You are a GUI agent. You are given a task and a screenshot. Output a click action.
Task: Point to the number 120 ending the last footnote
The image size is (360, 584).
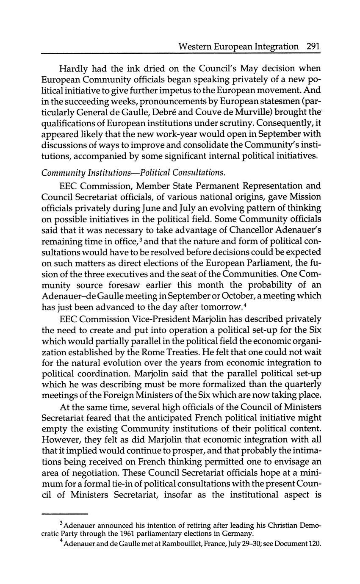[x=313, y=543]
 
